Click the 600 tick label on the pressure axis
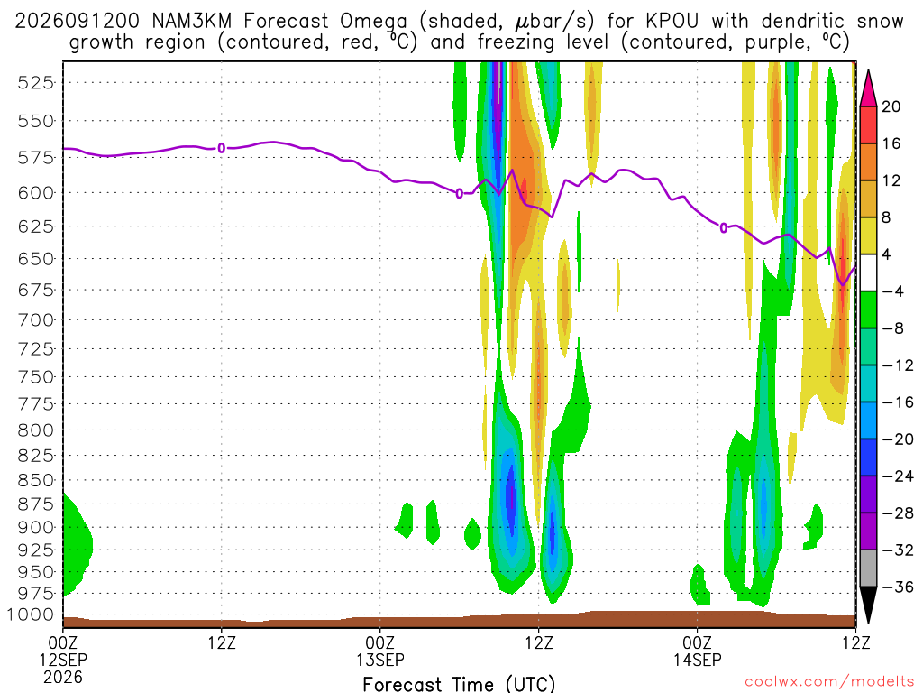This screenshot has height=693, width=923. click(36, 193)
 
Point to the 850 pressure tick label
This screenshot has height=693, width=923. click(36, 480)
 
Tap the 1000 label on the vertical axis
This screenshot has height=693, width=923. click(31, 614)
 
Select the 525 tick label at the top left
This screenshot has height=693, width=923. click(36, 82)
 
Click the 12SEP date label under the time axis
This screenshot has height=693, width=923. click(63, 660)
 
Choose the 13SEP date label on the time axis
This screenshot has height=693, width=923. click(380, 660)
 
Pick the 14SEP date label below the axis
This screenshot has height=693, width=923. click(698, 660)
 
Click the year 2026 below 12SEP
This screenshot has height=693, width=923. click(63, 677)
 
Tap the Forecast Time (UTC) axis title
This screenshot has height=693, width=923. click(459, 684)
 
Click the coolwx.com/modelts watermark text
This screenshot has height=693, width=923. click(829, 682)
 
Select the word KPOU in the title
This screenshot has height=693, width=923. click(672, 22)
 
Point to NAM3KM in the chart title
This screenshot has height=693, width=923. click(192, 22)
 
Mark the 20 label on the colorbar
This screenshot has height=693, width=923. click(891, 106)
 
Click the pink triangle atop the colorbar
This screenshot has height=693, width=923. click(868, 88)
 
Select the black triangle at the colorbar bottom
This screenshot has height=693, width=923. click(868, 605)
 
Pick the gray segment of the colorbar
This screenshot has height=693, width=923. click(868, 568)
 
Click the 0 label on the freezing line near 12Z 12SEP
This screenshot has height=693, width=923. click(222, 148)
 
